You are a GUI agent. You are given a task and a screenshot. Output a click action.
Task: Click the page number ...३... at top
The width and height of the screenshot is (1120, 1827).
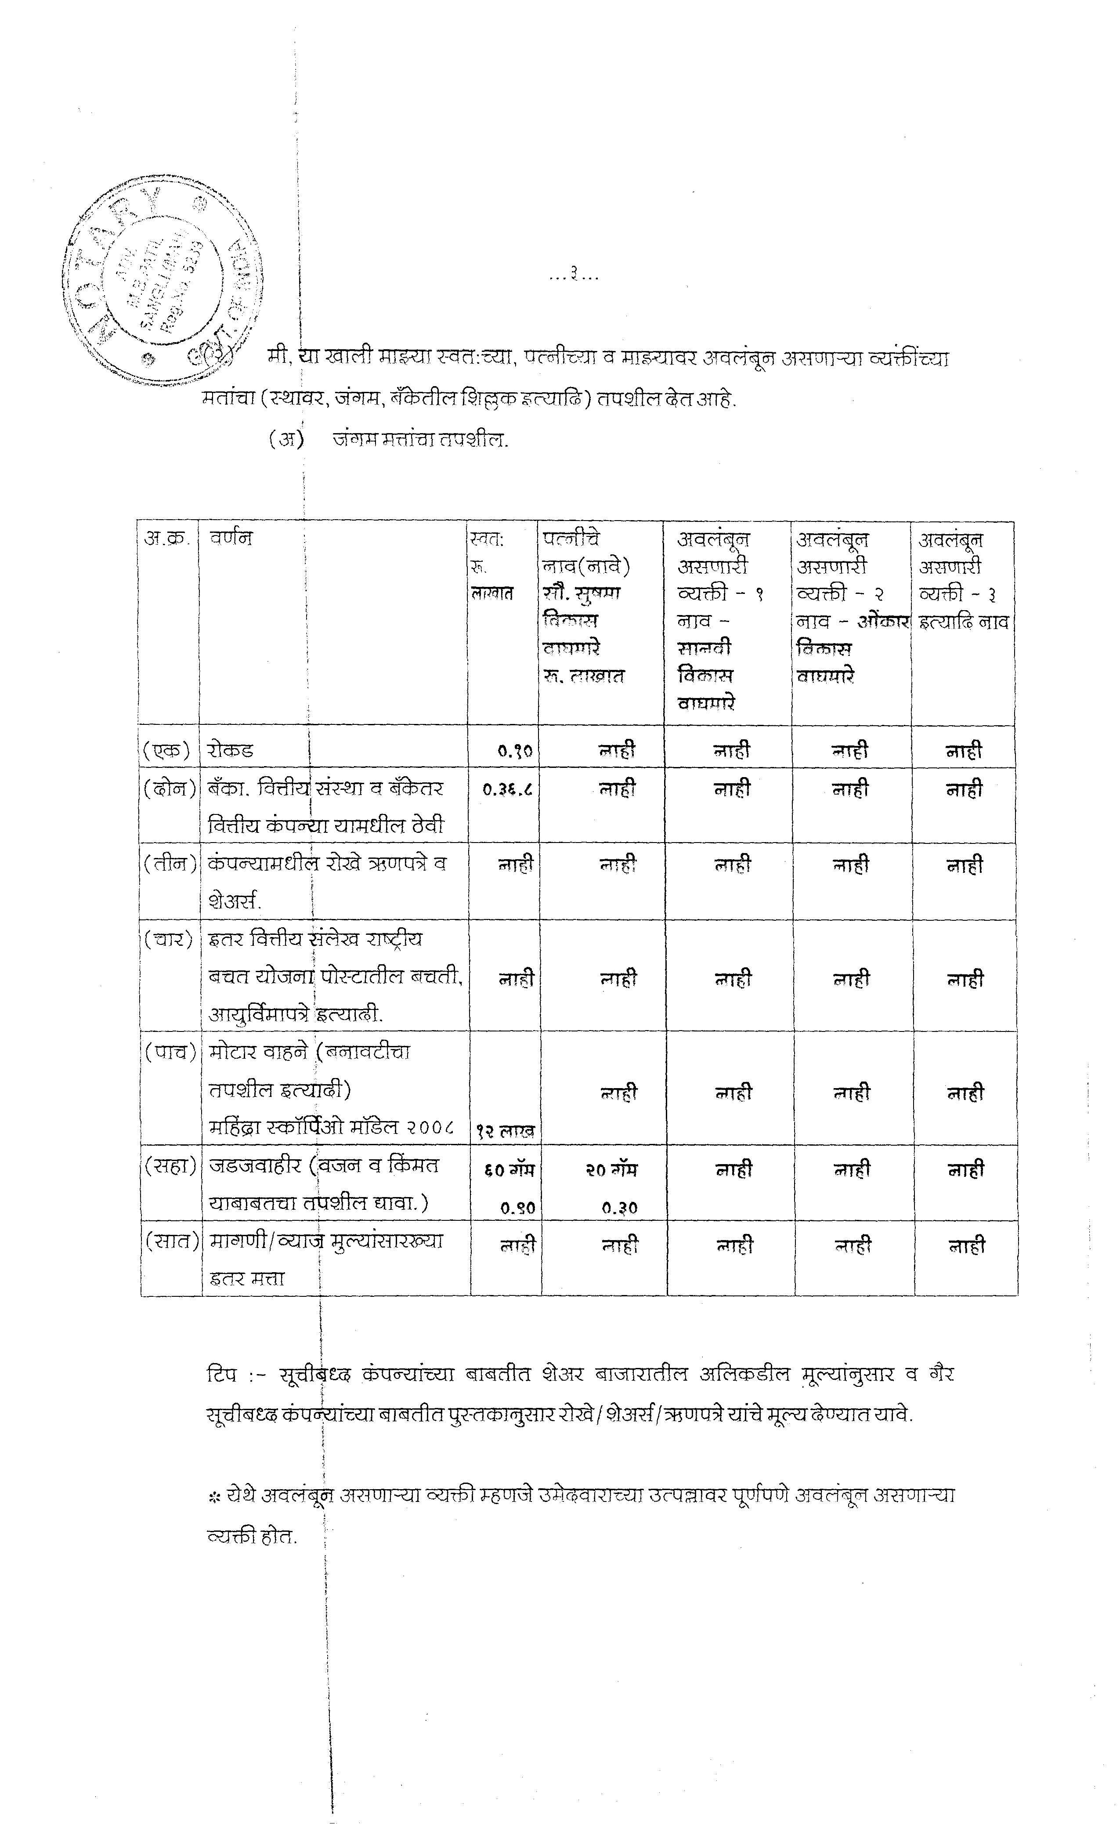click(x=573, y=277)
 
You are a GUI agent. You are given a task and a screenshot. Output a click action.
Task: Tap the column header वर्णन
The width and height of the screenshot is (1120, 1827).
click(x=231, y=538)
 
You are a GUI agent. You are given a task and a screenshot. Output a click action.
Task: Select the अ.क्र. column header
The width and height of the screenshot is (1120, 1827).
click(x=167, y=538)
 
